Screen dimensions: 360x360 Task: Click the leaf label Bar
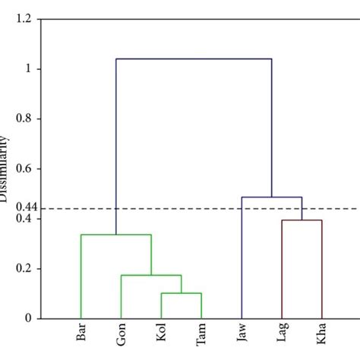pos(81,335)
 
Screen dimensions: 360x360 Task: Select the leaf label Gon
pos(122,336)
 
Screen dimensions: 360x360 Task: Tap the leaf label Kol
pos(162,335)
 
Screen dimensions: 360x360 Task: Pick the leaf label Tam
pos(201,336)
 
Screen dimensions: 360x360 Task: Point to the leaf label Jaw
pos(242,336)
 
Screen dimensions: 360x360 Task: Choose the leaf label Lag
pos(282,335)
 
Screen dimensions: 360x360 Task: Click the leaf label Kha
pos(322,335)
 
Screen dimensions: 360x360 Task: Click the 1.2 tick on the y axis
pos(26,20)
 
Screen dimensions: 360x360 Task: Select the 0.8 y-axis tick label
pos(26,119)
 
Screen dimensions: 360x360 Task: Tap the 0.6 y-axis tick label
pos(26,169)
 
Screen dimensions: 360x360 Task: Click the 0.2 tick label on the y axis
pos(26,269)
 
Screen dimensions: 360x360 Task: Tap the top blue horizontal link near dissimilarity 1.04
pos(194,59)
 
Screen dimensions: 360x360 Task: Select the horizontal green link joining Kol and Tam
pos(182,293)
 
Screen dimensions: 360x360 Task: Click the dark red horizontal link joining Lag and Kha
pos(302,220)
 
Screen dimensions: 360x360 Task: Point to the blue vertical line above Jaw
pos(242,258)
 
